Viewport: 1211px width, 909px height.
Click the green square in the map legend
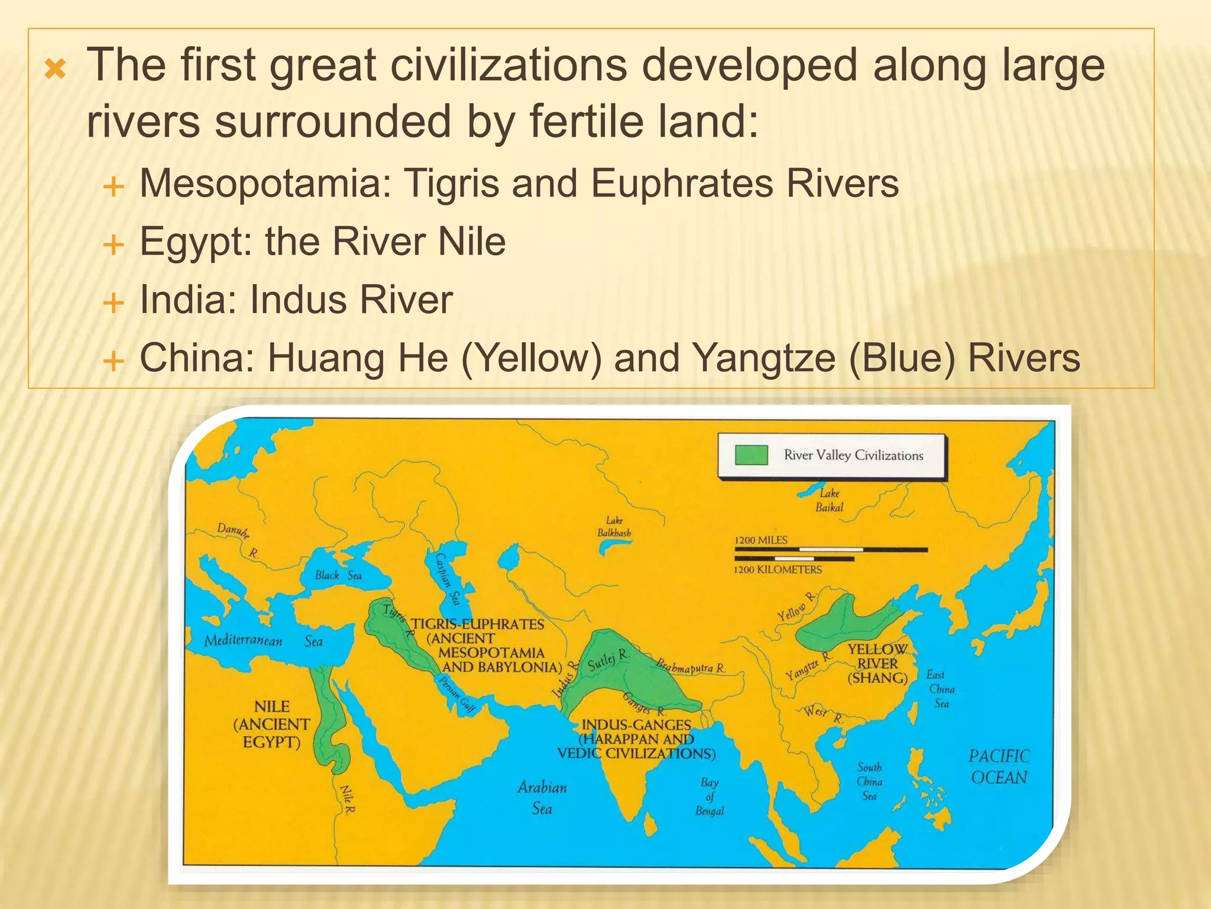pyautogui.click(x=751, y=455)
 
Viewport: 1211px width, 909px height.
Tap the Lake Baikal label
pyautogui.click(x=829, y=500)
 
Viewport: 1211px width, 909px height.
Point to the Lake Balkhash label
pyautogui.click(x=614, y=526)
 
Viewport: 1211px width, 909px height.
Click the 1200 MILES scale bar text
pyautogui.click(x=760, y=540)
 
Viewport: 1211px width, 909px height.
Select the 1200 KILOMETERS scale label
pyautogui.click(x=778, y=569)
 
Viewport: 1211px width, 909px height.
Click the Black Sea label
pyautogui.click(x=338, y=575)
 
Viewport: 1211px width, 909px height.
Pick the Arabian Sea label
pyautogui.click(x=542, y=797)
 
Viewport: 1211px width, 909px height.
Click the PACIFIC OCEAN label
pyautogui.click(x=999, y=766)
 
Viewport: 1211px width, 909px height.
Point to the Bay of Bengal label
pyautogui.click(x=710, y=796)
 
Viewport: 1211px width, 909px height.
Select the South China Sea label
pyautogui.click(x=869, y=781)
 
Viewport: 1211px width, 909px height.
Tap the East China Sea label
pyautogui.click(x=940, y=689)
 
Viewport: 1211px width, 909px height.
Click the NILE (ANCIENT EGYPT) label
pyautogui.click(x=272, y=724)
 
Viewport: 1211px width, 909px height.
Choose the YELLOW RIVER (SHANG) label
pyautogui.click(x=878, y=663)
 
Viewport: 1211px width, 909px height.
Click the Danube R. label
pyautogui.click(x=237, y=539)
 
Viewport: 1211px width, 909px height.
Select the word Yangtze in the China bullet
pyautogui.click(x=763, y=358)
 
